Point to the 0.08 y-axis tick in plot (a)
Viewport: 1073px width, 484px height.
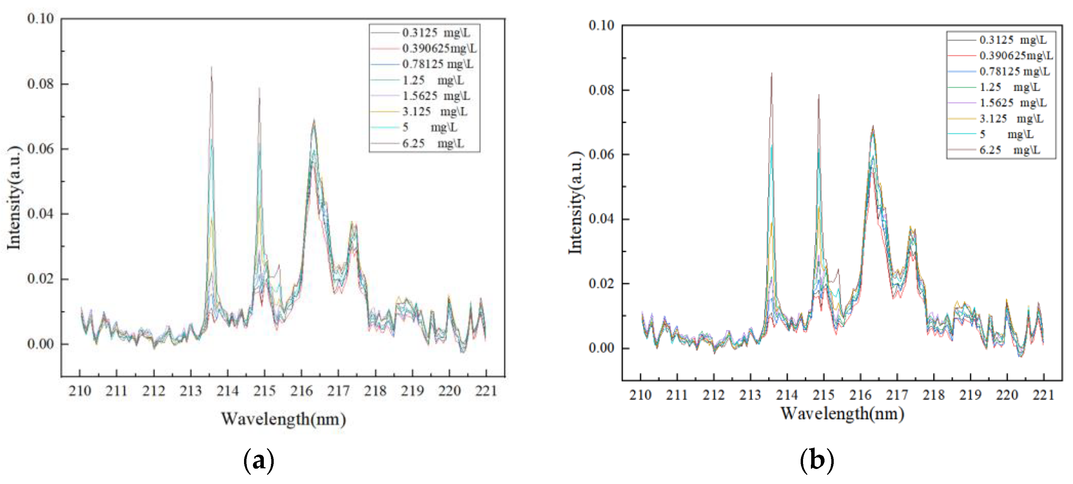(x=41, y=84)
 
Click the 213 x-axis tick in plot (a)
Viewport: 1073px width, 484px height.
(x=191, y=391)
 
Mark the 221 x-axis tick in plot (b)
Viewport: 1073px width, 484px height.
(x=1043, y=395)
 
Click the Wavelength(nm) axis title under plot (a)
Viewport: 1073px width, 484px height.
(x=283, y=419)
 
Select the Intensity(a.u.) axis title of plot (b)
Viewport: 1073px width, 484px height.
(x=576, y=203)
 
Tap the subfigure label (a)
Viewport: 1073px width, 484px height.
(x=258, y=460)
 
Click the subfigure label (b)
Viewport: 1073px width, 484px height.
(x=817, y=460)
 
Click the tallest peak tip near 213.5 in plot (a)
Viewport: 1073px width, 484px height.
(x=212, y=67)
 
